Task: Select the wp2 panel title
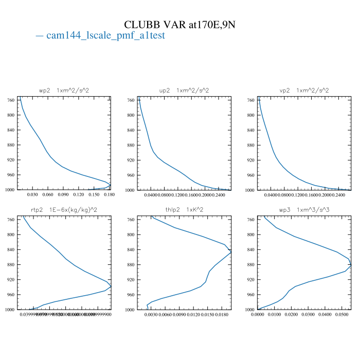tap(64, 90)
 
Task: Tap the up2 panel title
tap(184, 90)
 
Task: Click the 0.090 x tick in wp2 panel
tap(63, 195)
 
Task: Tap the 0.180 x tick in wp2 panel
tap(109, 195)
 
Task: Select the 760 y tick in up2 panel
tap(132, 100)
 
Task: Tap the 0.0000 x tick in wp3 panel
tap(257, 315)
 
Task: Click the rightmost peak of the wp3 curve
tap(351, 265)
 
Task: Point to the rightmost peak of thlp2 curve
tap(231, 252)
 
